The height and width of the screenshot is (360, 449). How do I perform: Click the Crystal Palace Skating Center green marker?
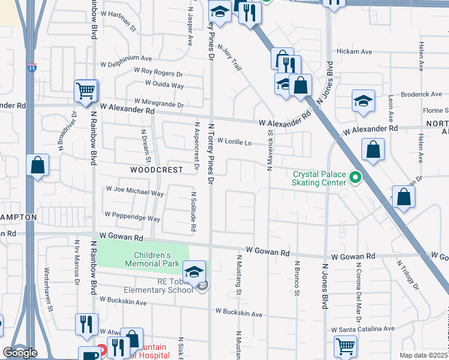[x=355, y=178]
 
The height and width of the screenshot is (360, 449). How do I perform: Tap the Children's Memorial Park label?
[x=152, y=259]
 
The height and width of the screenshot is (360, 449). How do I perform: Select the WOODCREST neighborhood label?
[x=157, y=170]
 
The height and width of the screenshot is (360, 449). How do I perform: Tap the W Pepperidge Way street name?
[x=132, y=214]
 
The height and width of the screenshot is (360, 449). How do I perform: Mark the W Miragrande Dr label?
[x=158, y=101]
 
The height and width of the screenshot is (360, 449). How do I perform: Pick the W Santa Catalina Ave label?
[x=363, y=329]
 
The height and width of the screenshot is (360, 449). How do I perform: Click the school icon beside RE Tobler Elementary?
[x=194, y=272]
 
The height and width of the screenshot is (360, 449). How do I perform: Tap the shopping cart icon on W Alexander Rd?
[x=86, y=91]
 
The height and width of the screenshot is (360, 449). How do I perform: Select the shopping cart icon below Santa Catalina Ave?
[x=345, y=346]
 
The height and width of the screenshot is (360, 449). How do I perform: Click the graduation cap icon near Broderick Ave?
[x=363, y=101]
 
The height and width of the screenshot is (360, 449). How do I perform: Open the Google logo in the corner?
[x=20, y=352]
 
